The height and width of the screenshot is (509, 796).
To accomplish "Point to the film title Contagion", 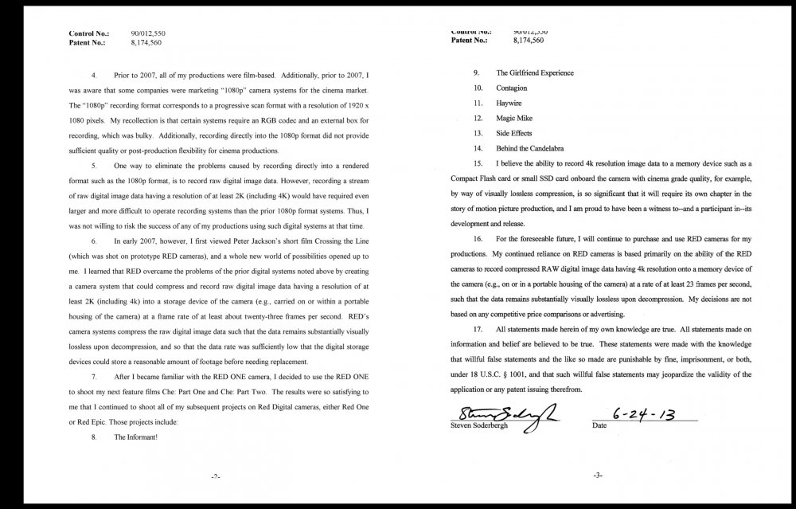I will [x=512, y=88].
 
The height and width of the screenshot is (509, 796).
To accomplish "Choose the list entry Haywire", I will [x=509, y=103].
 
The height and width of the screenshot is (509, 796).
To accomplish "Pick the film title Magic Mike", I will [x=515, y=118].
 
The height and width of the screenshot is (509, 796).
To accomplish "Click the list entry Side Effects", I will [x=514, y=133].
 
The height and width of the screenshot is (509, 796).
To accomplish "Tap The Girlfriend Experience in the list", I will [x=534, y=72].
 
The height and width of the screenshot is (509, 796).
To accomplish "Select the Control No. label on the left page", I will [x=88, y=33].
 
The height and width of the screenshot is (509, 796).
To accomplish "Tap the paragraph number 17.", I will [x=478, y=329].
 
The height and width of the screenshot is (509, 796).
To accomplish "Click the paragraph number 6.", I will [x=96, y=240].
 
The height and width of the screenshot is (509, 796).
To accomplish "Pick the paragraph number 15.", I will [x=478, y=162].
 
